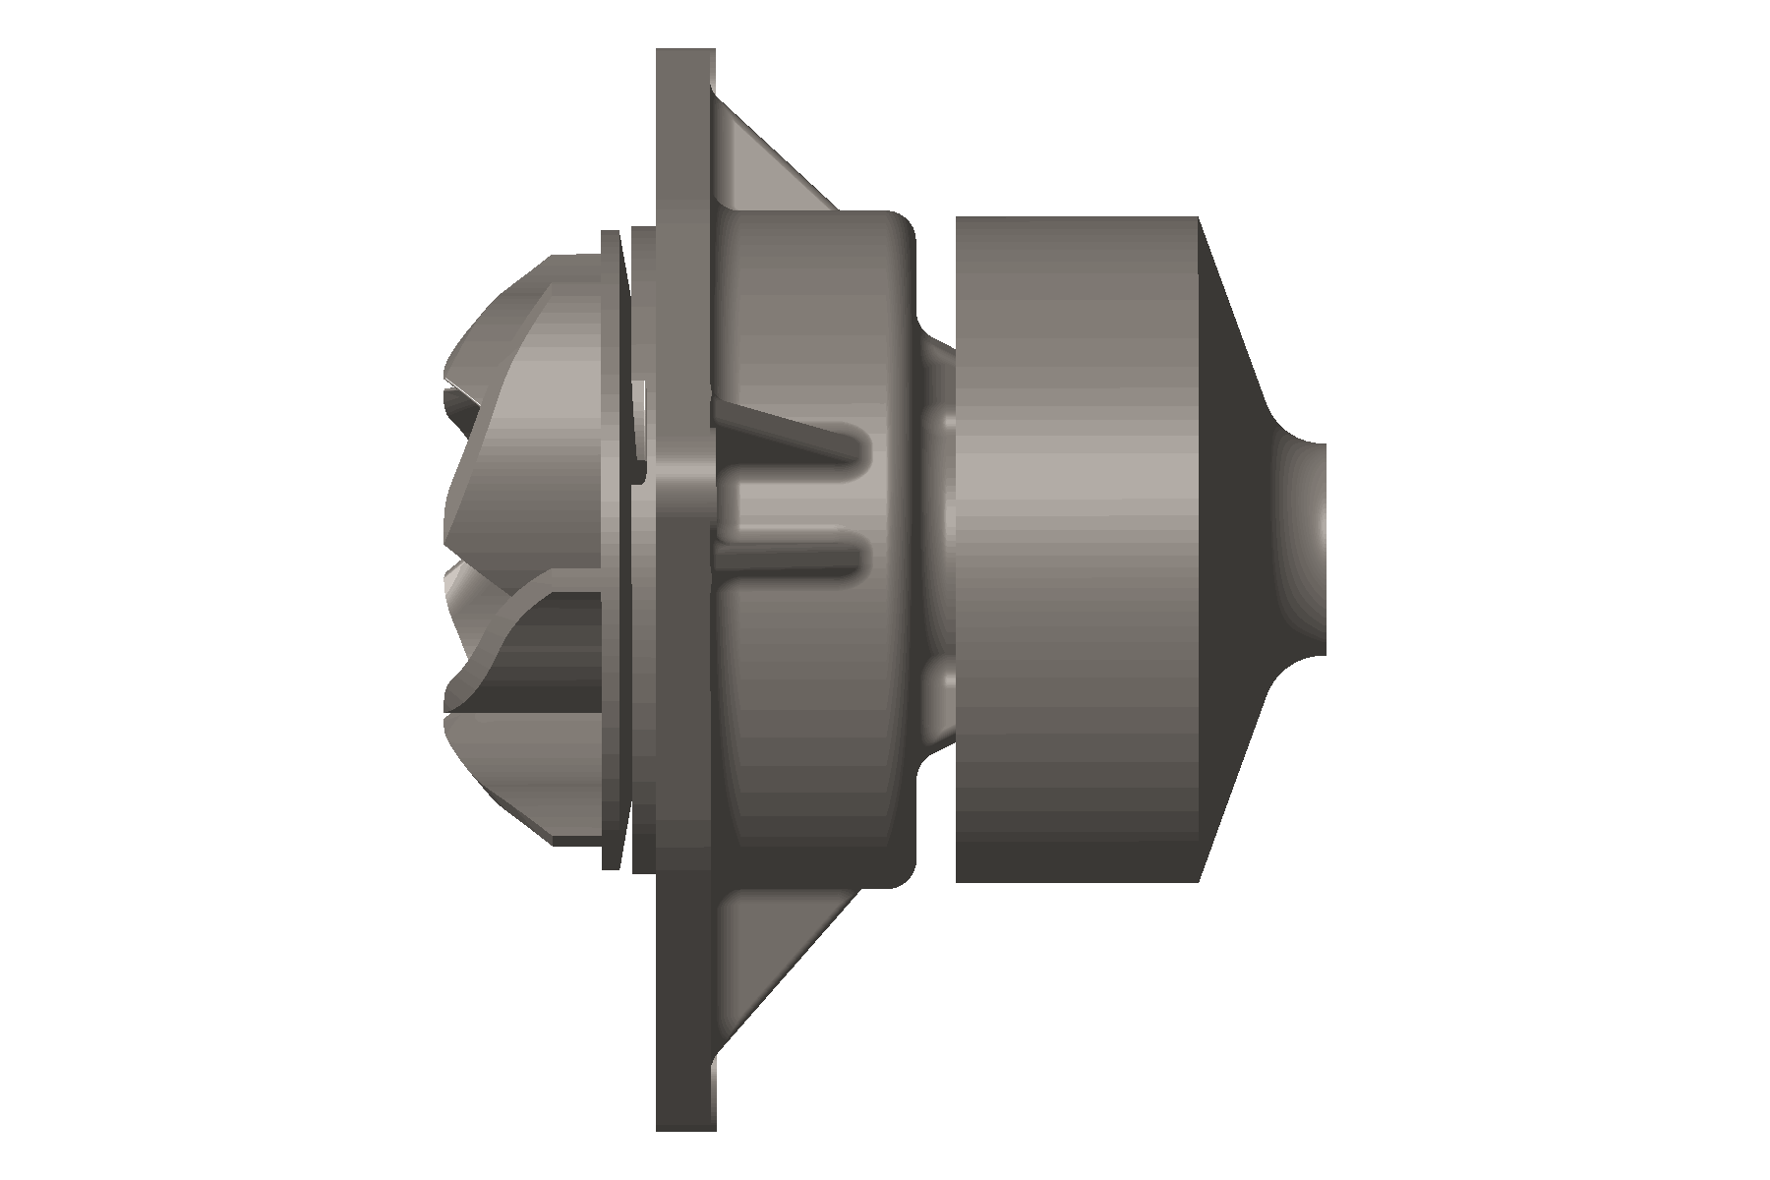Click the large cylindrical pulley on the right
[x=1077, y=551]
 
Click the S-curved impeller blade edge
[x=511, y=629]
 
